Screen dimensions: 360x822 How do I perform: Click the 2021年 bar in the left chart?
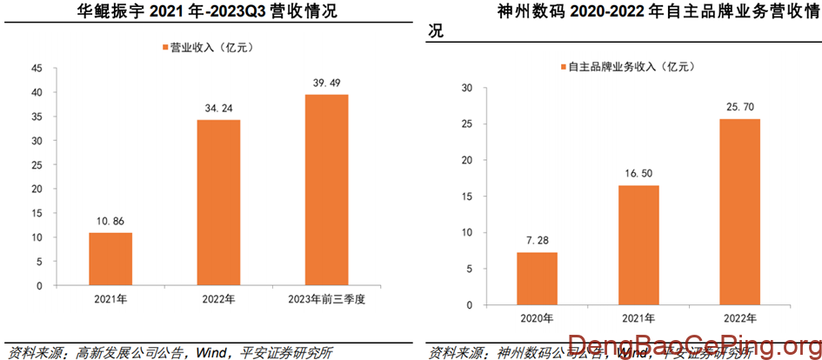[x=110, y=258]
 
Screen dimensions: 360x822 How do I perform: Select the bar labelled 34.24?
[x=218, y=203]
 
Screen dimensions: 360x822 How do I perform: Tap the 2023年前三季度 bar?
[x=326, y=190]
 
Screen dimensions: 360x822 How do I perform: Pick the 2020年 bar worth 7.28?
[x=537, y=278]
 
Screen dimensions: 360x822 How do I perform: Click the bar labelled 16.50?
[x=638, y=245]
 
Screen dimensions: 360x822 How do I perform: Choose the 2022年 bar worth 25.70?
[x=739, y=212]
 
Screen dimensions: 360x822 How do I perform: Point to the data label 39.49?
[x=326, y=83]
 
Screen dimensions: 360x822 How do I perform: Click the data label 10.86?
[x=110, y=221]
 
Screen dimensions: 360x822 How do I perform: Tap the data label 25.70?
[x=739, y=107]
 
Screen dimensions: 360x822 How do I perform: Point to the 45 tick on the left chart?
[x=37, y=68]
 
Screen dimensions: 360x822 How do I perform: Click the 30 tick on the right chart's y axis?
[x=466, y=88]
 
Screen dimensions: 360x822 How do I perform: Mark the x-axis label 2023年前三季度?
[x=326, y=300]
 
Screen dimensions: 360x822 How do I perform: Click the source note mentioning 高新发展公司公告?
[x=169, y=351]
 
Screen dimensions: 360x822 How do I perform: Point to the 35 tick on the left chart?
[x=37, y=117]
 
